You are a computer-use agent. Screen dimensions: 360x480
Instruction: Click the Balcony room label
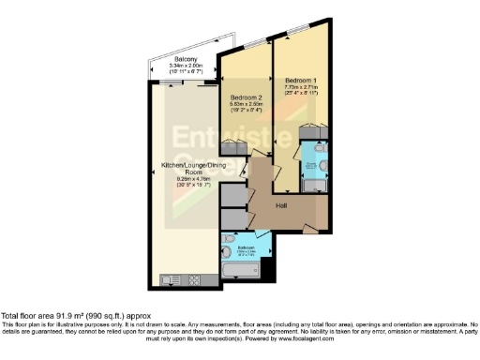tap(184, 58)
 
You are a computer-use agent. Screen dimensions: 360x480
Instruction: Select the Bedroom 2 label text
tap(246, 97)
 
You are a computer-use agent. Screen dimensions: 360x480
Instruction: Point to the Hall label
tap(281, 205)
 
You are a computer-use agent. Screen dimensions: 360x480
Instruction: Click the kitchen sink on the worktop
tap(172, 278)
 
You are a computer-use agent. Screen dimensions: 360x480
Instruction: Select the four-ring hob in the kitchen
tap(193, 278)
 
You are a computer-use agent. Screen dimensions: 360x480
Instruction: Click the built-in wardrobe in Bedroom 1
tap(311, 131)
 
